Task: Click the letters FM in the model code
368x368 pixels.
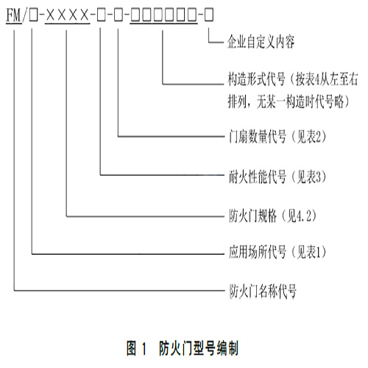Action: point(13,15)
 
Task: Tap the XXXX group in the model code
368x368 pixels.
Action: point(67,15)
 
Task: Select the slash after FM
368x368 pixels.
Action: point(25,15)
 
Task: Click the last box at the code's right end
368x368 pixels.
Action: point(209,15)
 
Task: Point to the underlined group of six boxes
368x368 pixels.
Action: point(163,15)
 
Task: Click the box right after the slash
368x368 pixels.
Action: point(34,15)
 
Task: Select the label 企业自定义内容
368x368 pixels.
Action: point(261,42)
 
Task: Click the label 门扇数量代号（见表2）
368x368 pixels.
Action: point(277,136)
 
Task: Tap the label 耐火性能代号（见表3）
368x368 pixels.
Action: point(277,177)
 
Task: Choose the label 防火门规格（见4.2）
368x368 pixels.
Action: point(273,216)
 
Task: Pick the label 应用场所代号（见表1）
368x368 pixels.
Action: point(277,252)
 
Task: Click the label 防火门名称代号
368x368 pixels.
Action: point(263,291)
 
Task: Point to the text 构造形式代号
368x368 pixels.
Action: point(256,79)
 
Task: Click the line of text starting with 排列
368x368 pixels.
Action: point(289,102)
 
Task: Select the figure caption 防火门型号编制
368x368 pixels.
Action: point(199,348)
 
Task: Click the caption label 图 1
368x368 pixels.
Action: point(136,348)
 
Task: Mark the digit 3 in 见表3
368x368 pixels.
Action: point(319,177)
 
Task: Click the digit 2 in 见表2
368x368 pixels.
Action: point(319,137)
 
